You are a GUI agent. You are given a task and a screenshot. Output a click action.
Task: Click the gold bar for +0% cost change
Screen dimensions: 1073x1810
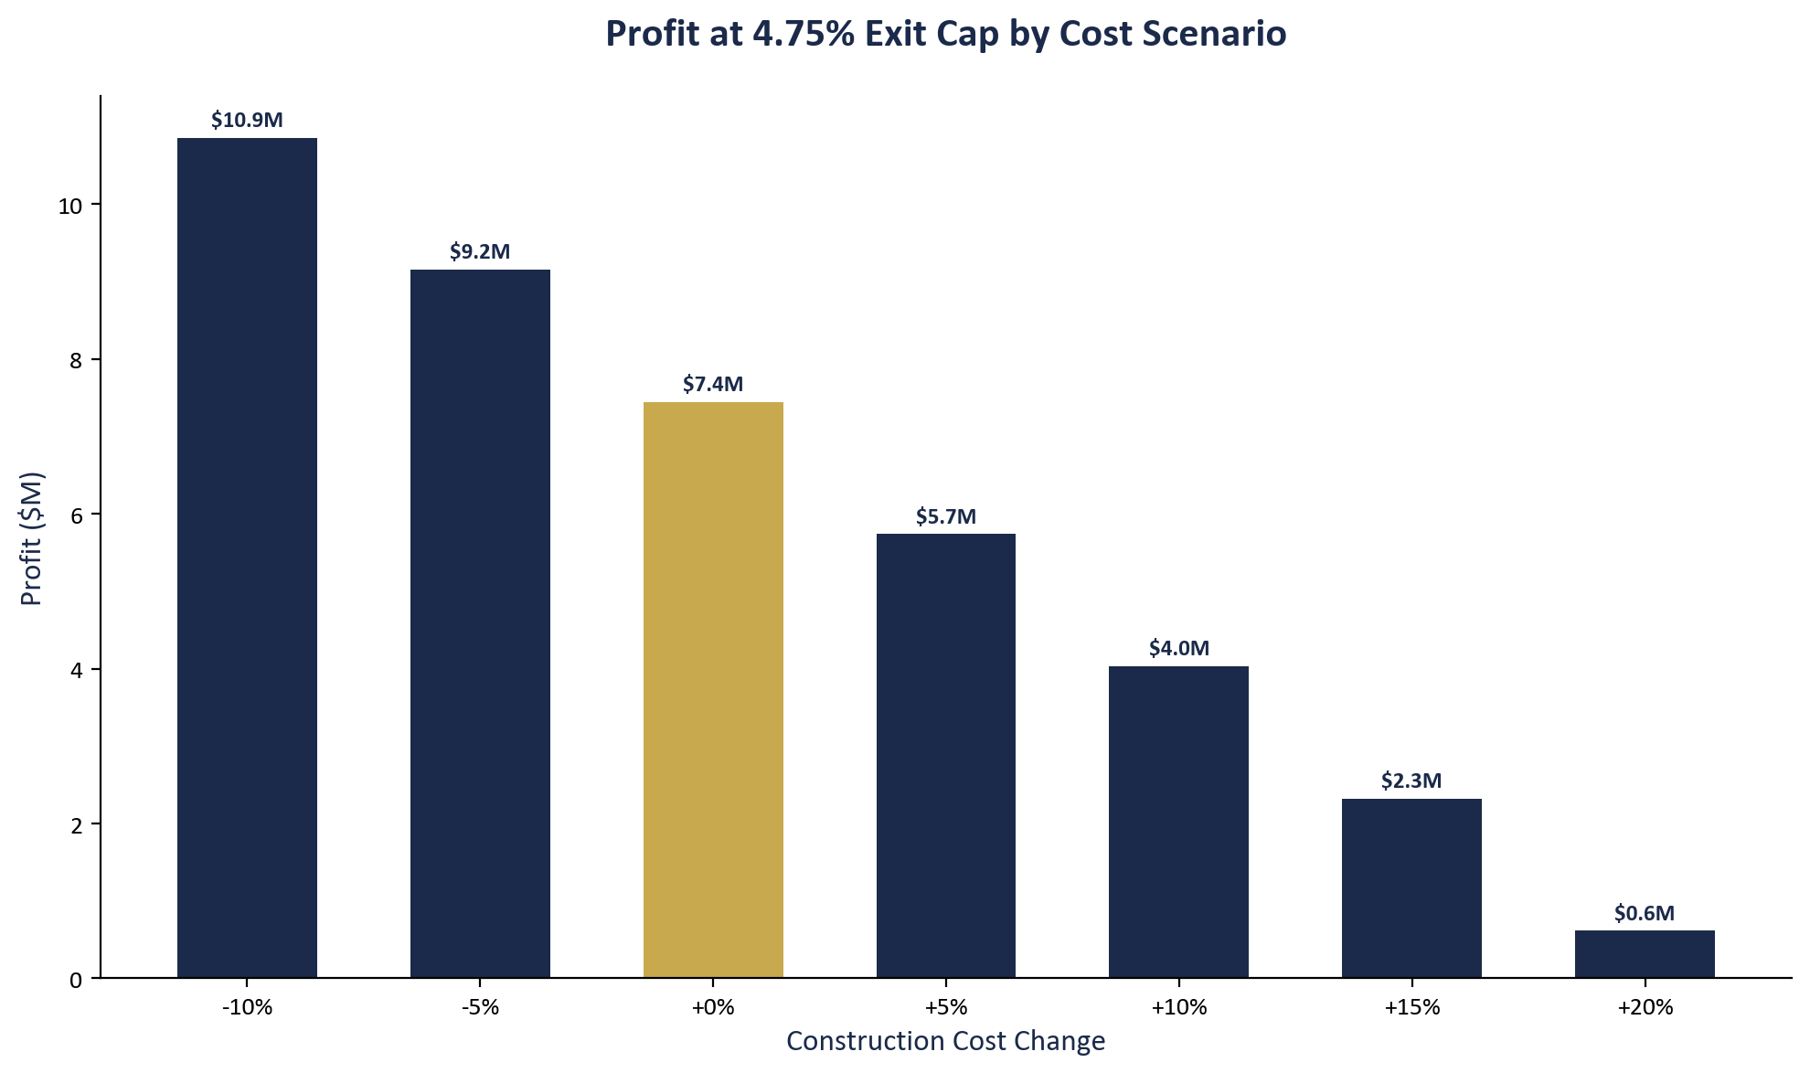[713, 690]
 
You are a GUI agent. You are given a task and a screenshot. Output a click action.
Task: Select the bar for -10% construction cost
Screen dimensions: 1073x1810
[247, 558]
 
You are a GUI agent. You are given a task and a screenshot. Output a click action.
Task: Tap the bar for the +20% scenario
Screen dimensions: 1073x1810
[1644, 954]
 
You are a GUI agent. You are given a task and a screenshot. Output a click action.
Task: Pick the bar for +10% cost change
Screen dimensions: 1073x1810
[1178, 823]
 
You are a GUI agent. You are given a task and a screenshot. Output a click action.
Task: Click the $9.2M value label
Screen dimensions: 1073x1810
[480, 252]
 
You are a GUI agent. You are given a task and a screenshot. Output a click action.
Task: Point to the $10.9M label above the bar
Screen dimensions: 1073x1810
[247, 121]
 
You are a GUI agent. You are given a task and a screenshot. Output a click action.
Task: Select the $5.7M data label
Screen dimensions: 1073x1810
[946, 517]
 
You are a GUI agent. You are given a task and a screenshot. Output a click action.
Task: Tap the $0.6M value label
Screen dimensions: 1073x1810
[1644, 913]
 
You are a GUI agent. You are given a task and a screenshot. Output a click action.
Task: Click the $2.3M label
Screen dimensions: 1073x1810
[1411, 781]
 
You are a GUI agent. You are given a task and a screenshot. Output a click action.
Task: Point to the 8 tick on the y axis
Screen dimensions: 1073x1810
[75, 361]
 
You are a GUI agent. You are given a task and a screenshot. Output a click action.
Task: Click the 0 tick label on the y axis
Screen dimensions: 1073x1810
[75, 980]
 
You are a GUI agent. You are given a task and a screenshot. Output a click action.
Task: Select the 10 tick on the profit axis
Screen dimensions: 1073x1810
[70, 207]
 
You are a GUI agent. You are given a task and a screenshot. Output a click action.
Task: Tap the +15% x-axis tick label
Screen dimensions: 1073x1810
[1411, 1008]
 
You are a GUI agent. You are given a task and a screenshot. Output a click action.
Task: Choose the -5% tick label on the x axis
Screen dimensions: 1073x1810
[480, 1008]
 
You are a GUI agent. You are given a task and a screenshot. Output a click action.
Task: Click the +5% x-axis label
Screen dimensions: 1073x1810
[946, 1008]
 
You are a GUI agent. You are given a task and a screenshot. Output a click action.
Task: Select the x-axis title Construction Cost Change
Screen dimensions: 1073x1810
[945, 1041]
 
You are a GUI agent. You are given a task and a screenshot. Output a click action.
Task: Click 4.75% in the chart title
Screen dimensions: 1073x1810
[803, 35]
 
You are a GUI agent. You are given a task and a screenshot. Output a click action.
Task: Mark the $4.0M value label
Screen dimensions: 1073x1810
[1178, 649]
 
